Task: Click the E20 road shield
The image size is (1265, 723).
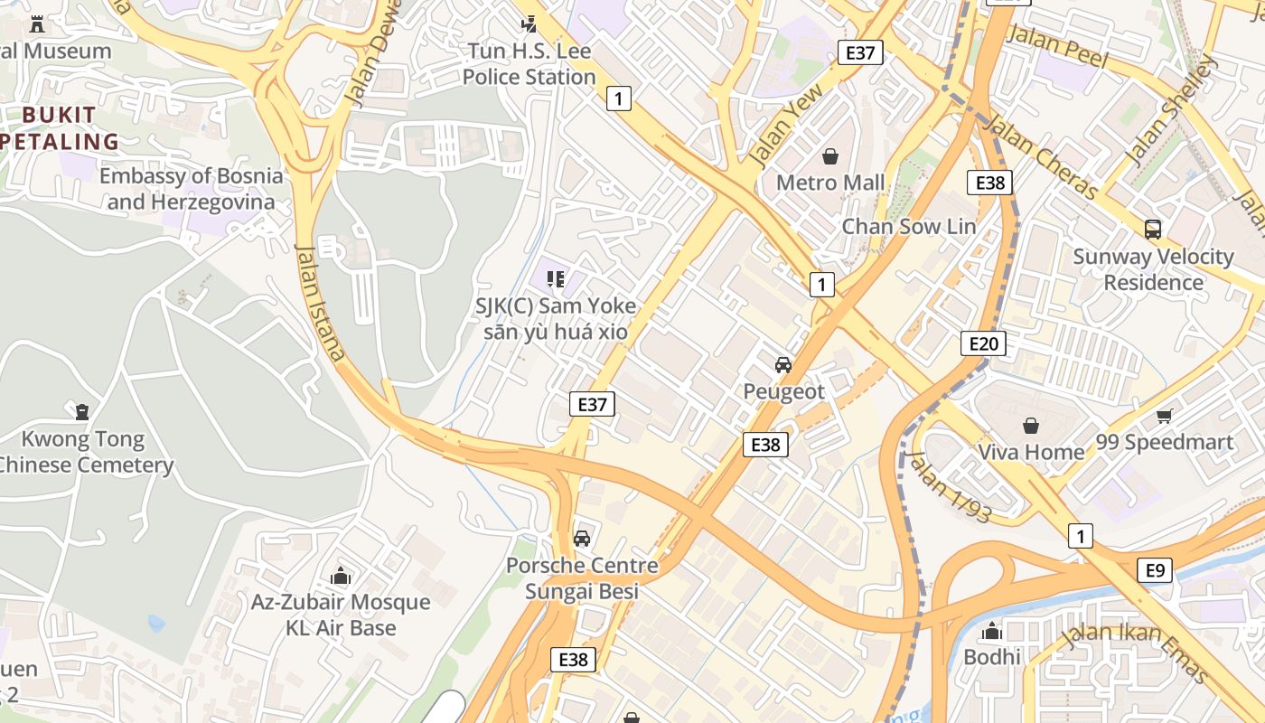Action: point(983,343)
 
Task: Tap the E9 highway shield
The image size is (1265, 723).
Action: point(1155,570)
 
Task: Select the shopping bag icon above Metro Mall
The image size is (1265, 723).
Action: point(830,157)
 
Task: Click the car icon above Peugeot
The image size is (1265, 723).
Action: point(783,365)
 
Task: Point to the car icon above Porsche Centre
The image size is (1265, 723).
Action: point(582,539)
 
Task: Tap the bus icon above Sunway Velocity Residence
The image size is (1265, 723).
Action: point(1153,230)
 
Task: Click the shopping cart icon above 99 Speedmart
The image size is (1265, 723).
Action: point(1164,416)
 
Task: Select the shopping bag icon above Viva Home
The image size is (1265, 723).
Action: point(1031,425)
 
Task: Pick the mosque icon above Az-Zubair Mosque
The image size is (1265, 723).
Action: point(340,576)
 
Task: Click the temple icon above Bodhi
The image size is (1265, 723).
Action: point(992,631)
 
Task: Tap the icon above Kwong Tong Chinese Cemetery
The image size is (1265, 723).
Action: point(82,412)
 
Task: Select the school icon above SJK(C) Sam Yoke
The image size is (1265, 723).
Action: point(555,279)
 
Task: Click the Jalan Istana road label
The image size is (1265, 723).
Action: point(321,304)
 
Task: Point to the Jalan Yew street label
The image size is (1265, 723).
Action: point(787,126)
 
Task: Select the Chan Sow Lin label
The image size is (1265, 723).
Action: point(909,226)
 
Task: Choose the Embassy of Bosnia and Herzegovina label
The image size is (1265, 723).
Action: point(191,189)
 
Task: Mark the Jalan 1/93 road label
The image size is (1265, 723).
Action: point(949,487)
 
